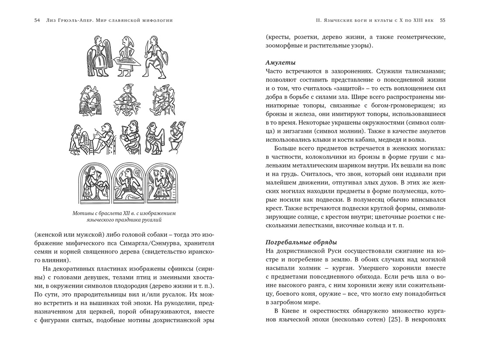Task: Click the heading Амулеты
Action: click(281, 62)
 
